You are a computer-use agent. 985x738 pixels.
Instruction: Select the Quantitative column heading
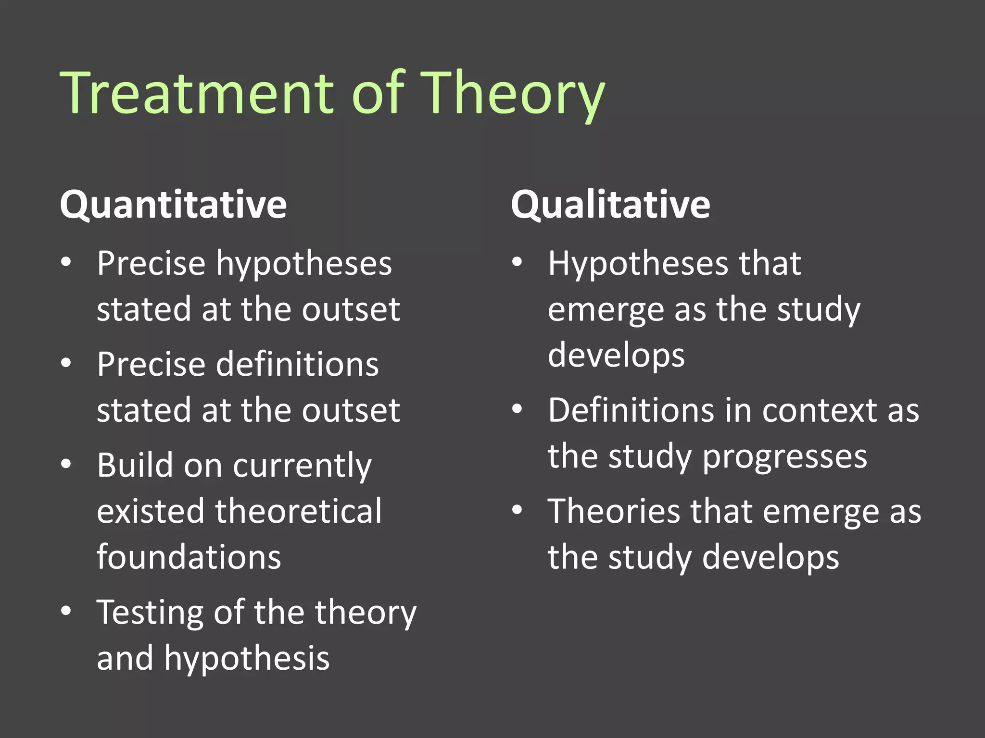coord(173,205)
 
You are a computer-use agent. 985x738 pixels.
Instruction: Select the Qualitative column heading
coord(610,205)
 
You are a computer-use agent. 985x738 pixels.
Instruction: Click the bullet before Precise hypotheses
coord(66,262)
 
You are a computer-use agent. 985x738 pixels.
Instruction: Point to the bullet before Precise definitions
coord(66,363)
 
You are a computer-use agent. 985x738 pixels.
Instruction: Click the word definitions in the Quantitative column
coord(297,364)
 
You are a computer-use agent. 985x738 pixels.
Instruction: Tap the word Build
coord(135,465)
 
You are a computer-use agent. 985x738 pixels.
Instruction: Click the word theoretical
coord(298,511)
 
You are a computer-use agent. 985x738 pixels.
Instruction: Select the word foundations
coord(189,557)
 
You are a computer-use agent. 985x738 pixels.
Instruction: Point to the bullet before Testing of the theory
coord(66,610)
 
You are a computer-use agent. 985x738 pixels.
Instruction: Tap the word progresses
coord(784,457)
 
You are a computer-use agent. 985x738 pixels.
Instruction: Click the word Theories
coord(614,511)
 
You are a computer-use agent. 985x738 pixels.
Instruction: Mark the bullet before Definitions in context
coord(517,409)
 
